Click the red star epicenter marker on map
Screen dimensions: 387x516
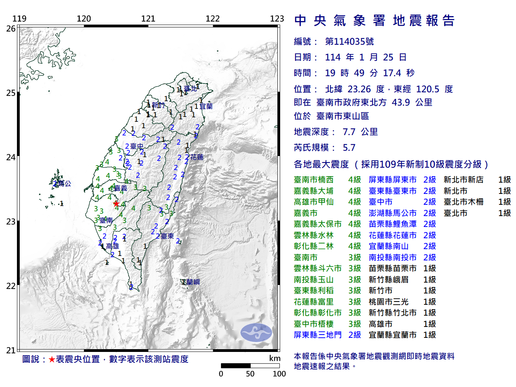click(116, 204)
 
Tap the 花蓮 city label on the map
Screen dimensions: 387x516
click(197, 157)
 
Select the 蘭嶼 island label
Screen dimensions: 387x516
click(193, 282)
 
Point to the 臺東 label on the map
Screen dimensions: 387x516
click(167, 236)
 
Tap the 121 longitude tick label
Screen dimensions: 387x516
click(148, 19)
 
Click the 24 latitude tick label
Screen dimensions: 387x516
click(11, 157)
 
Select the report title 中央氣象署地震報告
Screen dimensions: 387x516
click(375, 21)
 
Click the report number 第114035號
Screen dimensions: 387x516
click(349, 42)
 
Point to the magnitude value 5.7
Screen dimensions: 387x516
click(349, 148)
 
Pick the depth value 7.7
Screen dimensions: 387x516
click(349, 132)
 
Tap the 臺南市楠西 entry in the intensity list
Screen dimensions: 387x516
click(314, 180)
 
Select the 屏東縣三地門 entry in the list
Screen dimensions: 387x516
click(318, 335)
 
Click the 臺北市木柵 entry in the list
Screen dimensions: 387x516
click(464, 202)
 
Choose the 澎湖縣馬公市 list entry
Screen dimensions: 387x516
click(392, 213)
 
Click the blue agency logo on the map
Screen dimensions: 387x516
click(256, 333)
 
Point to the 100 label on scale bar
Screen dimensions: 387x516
click(279, 374)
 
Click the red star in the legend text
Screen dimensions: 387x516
click(52, 359)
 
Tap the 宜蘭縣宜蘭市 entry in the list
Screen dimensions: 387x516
click(392, 335)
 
